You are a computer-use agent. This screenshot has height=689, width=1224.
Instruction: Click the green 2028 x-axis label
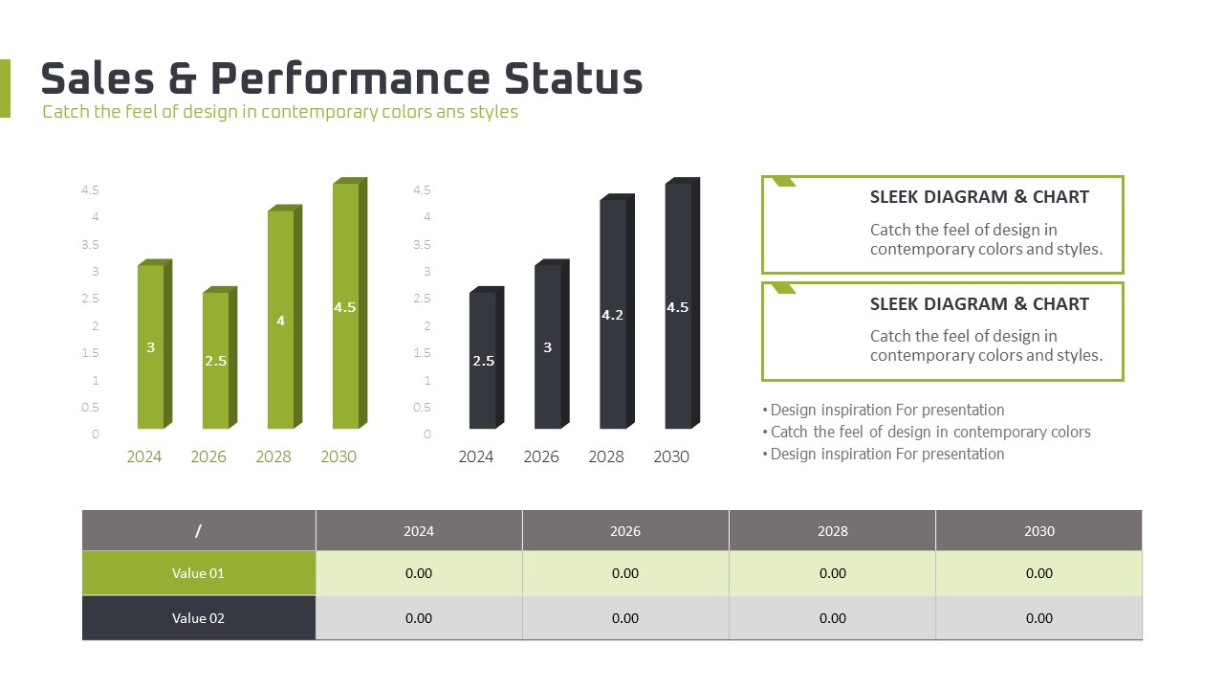coord(273,456)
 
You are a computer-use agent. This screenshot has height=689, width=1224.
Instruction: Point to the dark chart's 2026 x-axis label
coord(541,456)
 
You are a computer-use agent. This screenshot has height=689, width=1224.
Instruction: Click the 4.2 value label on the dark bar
coord(613,315)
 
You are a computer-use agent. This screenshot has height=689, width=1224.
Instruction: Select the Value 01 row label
coord(198,573)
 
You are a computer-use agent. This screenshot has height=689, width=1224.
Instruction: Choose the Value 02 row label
coord(198,618)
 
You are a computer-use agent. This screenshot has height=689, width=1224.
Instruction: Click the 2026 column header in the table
coord(625,531)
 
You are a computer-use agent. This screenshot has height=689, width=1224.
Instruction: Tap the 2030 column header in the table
coord(1039,531)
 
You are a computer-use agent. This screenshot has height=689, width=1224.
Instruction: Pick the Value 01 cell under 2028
coord(833,573)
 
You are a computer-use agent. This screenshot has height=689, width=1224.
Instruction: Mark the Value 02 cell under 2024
coord(419,618)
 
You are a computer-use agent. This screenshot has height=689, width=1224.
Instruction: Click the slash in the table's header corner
coord(198,531)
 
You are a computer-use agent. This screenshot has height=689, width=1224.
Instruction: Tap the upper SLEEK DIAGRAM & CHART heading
coord(979,197)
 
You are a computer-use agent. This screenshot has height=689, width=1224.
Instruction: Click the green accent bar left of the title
coord(5,88)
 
